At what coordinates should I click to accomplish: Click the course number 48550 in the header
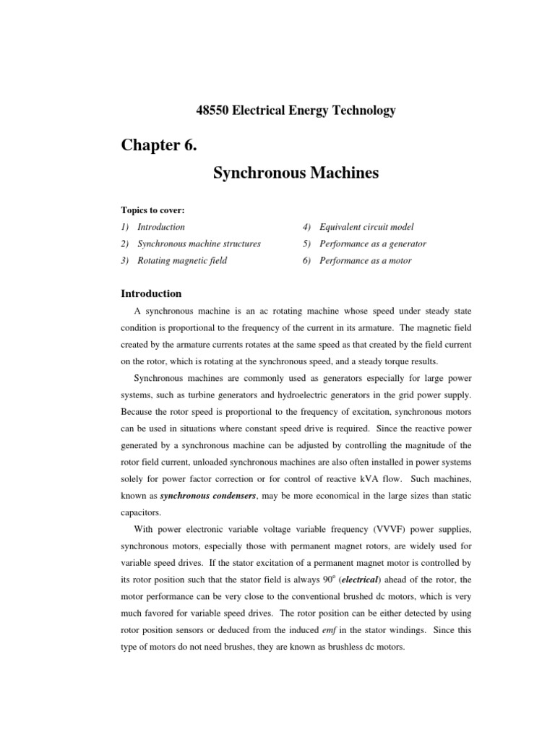coord(212,111)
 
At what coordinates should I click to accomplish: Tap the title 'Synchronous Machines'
coord(296,173)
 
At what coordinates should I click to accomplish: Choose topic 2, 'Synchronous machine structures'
coord(199,244)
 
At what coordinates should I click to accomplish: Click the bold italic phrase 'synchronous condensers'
coord(198,496)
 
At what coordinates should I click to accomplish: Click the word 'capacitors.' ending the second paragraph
coord(140,513)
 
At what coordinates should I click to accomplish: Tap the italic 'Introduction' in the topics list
coord(161,227)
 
